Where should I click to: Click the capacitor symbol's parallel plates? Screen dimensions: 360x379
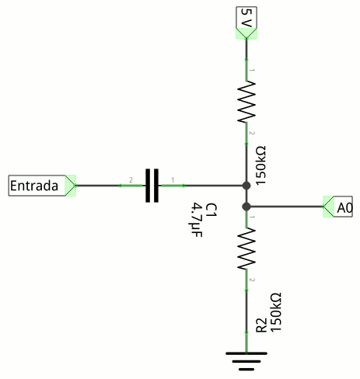[x=152, y=186]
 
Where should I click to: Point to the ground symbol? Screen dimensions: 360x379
[x=246, y=361]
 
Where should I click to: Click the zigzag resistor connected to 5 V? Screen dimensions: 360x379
[x=246, y=102]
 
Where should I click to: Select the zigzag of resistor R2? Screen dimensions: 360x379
[x=246, y=249]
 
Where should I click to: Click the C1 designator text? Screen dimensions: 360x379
[x=211, y=210]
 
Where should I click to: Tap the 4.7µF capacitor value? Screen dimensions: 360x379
[x=197, y=221]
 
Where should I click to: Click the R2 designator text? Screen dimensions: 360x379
[x=261, y=325]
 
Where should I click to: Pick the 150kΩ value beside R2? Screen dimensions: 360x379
[x=275, y=312]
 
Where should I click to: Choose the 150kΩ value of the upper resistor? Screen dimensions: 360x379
[x=260, y=165]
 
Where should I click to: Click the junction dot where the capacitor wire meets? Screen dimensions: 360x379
[x=246, y=186]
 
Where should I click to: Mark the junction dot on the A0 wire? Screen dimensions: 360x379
[x=246, y=207]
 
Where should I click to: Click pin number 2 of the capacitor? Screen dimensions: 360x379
[x=131, y=179]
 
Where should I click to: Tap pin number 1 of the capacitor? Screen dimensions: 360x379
[x=173, y=179]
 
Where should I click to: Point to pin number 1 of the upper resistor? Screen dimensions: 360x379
[x=252, y=70]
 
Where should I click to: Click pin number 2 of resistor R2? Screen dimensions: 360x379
[x=252, y=280]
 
